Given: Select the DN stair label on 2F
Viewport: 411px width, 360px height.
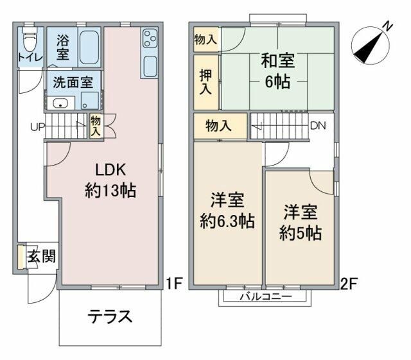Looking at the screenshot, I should coord(317,126).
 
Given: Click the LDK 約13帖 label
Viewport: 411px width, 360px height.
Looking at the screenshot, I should coord(110,180).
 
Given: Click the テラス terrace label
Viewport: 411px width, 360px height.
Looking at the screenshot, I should coord(110,316).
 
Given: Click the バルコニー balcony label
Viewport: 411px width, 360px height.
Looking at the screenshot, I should coord(266,297).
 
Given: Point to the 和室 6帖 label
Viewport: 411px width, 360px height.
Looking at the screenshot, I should coord(277,71).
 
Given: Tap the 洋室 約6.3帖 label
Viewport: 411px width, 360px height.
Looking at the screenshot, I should coord(227,211).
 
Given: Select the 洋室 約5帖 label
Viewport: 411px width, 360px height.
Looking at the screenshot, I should coord(300,222).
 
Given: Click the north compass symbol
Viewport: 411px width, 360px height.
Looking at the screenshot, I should coord(371,42).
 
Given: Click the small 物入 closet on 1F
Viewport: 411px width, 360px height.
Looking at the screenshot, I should coord(96,126).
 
